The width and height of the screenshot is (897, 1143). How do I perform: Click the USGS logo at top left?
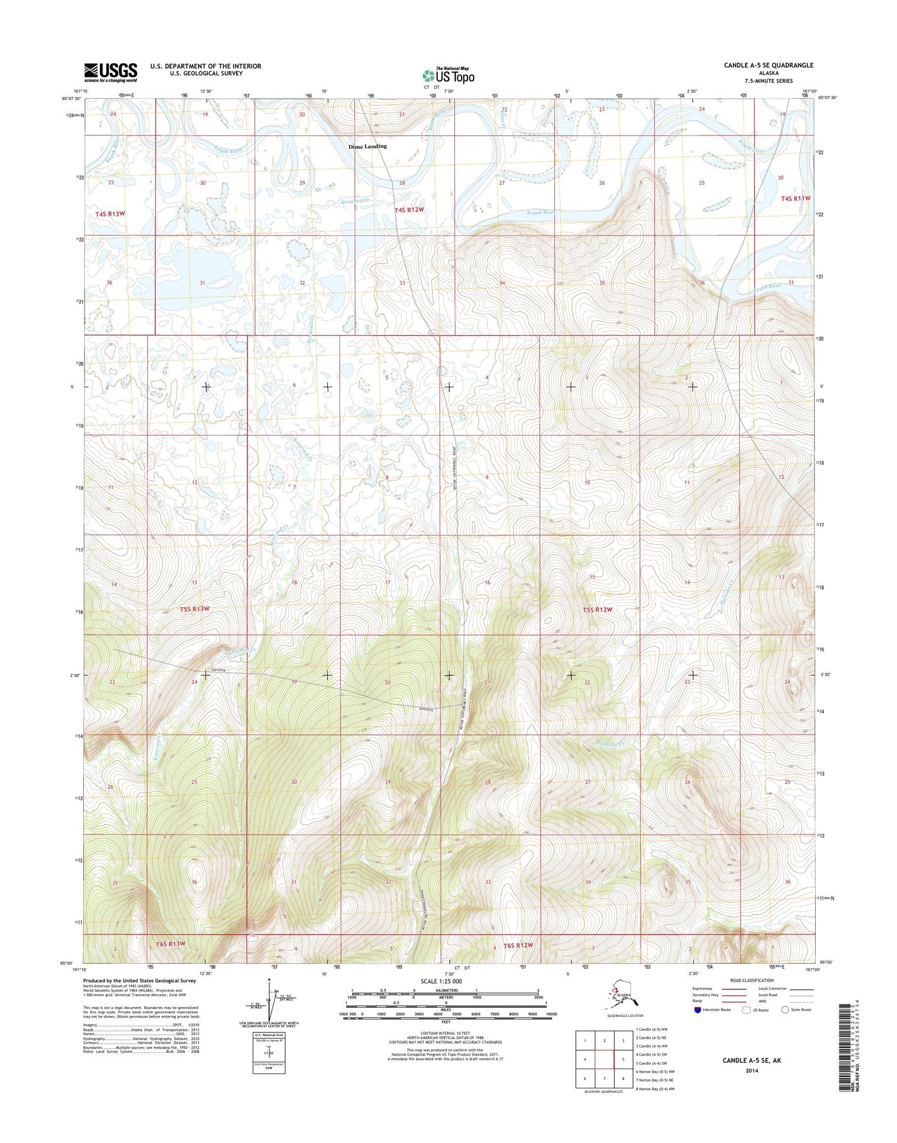point(110,72)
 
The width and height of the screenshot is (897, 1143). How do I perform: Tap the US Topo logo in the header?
point(448,76)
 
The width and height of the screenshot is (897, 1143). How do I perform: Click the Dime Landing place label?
point(367,146)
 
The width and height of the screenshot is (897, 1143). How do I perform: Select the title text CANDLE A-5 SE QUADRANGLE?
point(767,65)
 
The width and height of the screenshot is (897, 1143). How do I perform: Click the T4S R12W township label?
point(410,210)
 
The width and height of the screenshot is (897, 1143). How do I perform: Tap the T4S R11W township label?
point(795,199)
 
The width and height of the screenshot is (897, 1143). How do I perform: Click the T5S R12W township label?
point(597,609)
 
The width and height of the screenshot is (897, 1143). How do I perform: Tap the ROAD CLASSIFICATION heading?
point(752,980)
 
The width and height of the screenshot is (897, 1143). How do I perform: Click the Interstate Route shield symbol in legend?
point(697,1010)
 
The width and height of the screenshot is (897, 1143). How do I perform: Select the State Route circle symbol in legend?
point(785,1010)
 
